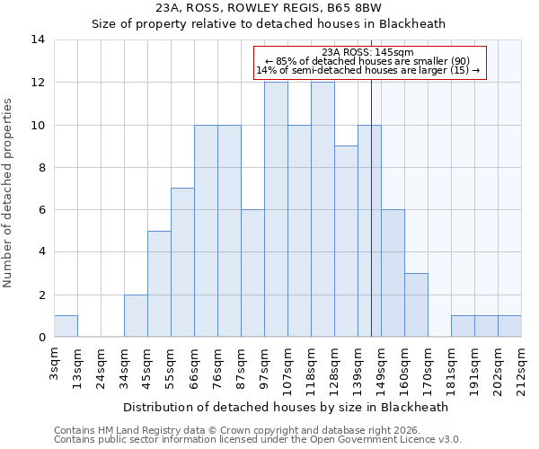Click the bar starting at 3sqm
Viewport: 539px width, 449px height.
click(x=66, y=327)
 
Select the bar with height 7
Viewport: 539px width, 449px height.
click(x=182, y=262)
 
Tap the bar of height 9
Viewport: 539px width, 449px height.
click(x=346, y=242)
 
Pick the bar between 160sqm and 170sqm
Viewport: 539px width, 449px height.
click(x=416, y=305)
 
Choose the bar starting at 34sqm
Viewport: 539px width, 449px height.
click(x=136, y=316)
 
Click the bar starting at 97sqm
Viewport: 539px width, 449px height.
click(x=276, y=210)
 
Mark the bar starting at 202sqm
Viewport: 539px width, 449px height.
click(x=509, y=327)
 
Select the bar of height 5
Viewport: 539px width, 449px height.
click(x=159, y=284)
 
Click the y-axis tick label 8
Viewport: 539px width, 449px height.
click(x=40, y=167)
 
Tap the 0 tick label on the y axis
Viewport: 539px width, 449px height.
click(x=40, y=338)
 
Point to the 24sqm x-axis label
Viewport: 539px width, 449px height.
click(x=102, y=365)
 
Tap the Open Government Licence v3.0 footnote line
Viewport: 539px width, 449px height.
click(x=258, y=440)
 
